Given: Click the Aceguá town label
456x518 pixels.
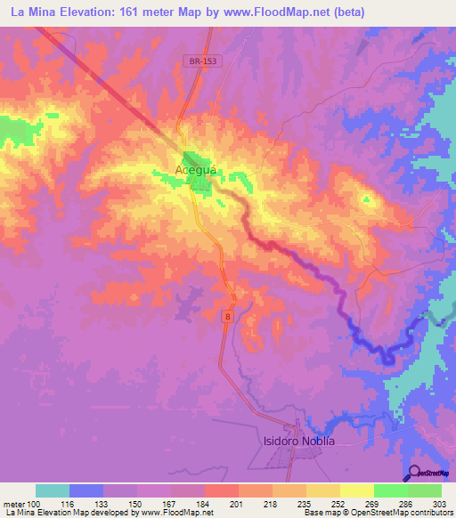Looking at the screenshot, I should [197, 169].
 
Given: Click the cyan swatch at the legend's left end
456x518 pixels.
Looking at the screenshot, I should [53, 490].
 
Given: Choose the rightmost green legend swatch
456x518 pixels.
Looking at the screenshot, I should [425, 490].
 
